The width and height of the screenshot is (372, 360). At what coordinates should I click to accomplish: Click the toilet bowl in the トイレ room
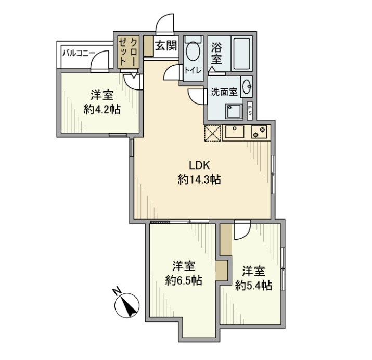(x=193, y=51)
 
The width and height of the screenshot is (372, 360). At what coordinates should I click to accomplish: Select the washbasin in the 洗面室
(x=247, y=86)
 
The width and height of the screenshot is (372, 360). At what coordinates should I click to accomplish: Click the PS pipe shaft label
(x=250, y=110)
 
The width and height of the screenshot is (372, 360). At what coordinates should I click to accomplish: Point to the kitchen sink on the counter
(x=235, y=132)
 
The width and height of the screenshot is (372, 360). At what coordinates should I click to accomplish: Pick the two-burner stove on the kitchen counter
(x=259, y=132)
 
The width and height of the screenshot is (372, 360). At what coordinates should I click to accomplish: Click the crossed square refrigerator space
(x=213, y=133)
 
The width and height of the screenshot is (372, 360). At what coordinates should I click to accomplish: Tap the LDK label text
(x=199, y=165)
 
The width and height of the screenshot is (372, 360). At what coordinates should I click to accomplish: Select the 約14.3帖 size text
(x=199, y=179)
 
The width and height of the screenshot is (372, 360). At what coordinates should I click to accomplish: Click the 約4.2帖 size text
(x=102, y=109)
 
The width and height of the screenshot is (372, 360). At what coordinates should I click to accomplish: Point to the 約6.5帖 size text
(x=184, y=280)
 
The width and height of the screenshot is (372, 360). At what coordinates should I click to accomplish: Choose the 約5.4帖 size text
(x=253, y=285)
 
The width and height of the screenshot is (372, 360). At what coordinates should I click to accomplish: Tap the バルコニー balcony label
(x=79, y=53)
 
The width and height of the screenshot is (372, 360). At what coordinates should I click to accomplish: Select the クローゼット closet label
(x=128, y=52)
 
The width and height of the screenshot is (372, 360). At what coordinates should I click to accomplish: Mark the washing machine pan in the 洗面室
(x=234, y=111)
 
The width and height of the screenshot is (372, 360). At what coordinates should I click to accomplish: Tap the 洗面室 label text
(x=224, y=92)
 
